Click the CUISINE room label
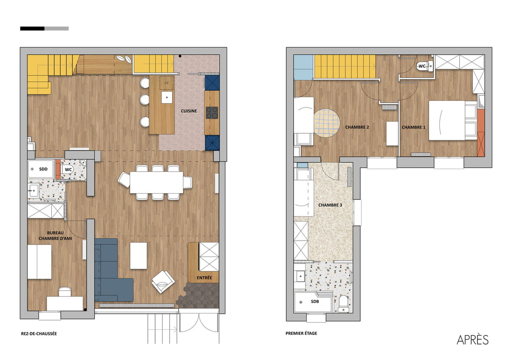click(x=189, y=111)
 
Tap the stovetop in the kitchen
click(x=212, y=113)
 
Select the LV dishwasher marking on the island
click(x=167, y=83)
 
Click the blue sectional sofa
click(x=111, y=270)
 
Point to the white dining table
click(x=156, y=183)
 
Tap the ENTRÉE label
click(x=204, y=277)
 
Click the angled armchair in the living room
click(x=163, y=282)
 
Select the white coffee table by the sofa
click(x=138, y=256)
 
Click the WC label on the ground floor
click(x=69, y=170)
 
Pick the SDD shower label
click(x=43, y=169)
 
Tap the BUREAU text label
click(x=55, y=233)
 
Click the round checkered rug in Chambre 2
click(x=327, y=123)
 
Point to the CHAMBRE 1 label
click(x=414, y=127)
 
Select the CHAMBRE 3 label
click(x=330, y=205)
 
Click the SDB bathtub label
click(x=315, y=301)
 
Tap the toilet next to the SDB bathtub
click(x=343, y=304)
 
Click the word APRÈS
click(x=472, y=340)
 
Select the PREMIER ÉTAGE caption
click(x=301, y=333)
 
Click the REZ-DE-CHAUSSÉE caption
click(x=39, y=334)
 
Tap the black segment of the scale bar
click(x=32, y=29)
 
